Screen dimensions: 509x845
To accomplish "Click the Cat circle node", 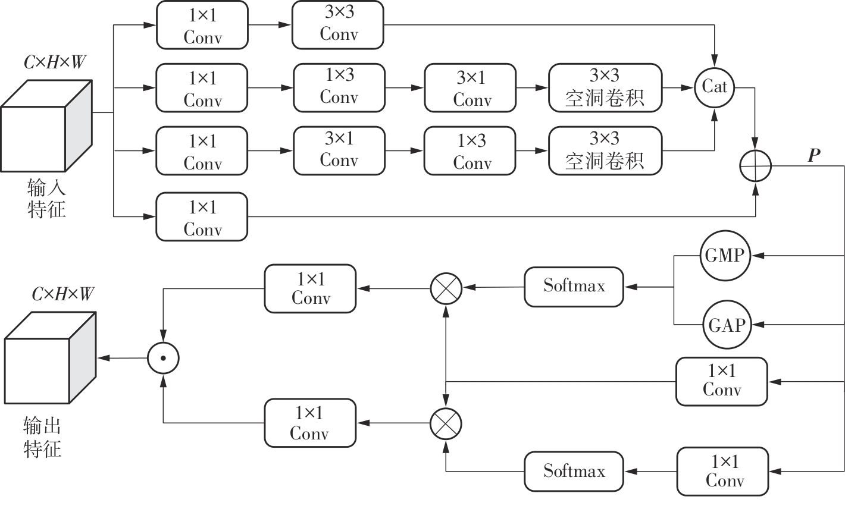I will (x=714, y=87).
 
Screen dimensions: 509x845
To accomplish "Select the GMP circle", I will (x=724, y=256).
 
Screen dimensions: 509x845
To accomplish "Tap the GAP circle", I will (x=726, y=325).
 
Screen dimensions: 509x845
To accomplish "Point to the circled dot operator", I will (x=163, y=358).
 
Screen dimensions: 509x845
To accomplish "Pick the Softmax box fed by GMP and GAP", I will (x=574, y=287).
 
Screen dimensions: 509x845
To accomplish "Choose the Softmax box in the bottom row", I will (x=574, y=472).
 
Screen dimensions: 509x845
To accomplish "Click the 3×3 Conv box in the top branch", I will (x=338, y=25).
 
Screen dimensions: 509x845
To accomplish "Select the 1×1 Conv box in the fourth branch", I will (x=202, y=217).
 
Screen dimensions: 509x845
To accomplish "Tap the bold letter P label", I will (x=813, y=156).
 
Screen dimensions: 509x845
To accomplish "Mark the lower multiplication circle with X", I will (x=446, y=423).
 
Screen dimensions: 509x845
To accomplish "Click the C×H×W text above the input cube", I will (x=54, y=62).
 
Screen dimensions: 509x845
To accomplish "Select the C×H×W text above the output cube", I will (x=62, y=294).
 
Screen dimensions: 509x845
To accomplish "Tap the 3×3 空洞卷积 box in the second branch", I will (x=605, y=87).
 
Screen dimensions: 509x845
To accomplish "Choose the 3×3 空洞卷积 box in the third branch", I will (x=605, y=150).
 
